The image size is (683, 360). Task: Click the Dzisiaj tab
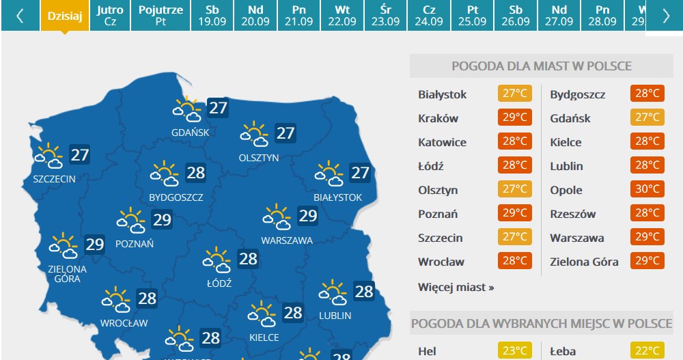(65, 15)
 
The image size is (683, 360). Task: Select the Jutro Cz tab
(110, 15)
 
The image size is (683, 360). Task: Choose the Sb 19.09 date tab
(212, 15)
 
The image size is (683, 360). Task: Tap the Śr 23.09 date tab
(385, 15)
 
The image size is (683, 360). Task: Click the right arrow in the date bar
(666, 16)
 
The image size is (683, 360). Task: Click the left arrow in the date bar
(20, 16)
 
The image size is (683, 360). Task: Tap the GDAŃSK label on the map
(191, 132)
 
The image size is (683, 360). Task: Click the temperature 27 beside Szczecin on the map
(80, 155)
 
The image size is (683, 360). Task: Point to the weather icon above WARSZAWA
(276, 217)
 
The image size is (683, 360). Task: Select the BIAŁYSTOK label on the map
(337, 197)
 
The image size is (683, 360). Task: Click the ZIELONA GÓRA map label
(68, 273)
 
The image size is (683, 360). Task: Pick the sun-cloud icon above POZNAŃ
(130, 221)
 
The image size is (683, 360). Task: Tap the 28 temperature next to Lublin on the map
(364, 292)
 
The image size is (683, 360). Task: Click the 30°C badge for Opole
(647, 190)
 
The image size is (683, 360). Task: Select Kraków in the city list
(438, 118)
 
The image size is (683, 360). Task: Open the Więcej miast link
(456, 287)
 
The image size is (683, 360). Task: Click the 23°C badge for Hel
(514, 351)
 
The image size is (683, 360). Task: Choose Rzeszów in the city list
(572, 214)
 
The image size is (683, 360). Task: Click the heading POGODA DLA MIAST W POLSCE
(541, 66)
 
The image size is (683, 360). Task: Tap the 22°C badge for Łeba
(647, 351)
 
